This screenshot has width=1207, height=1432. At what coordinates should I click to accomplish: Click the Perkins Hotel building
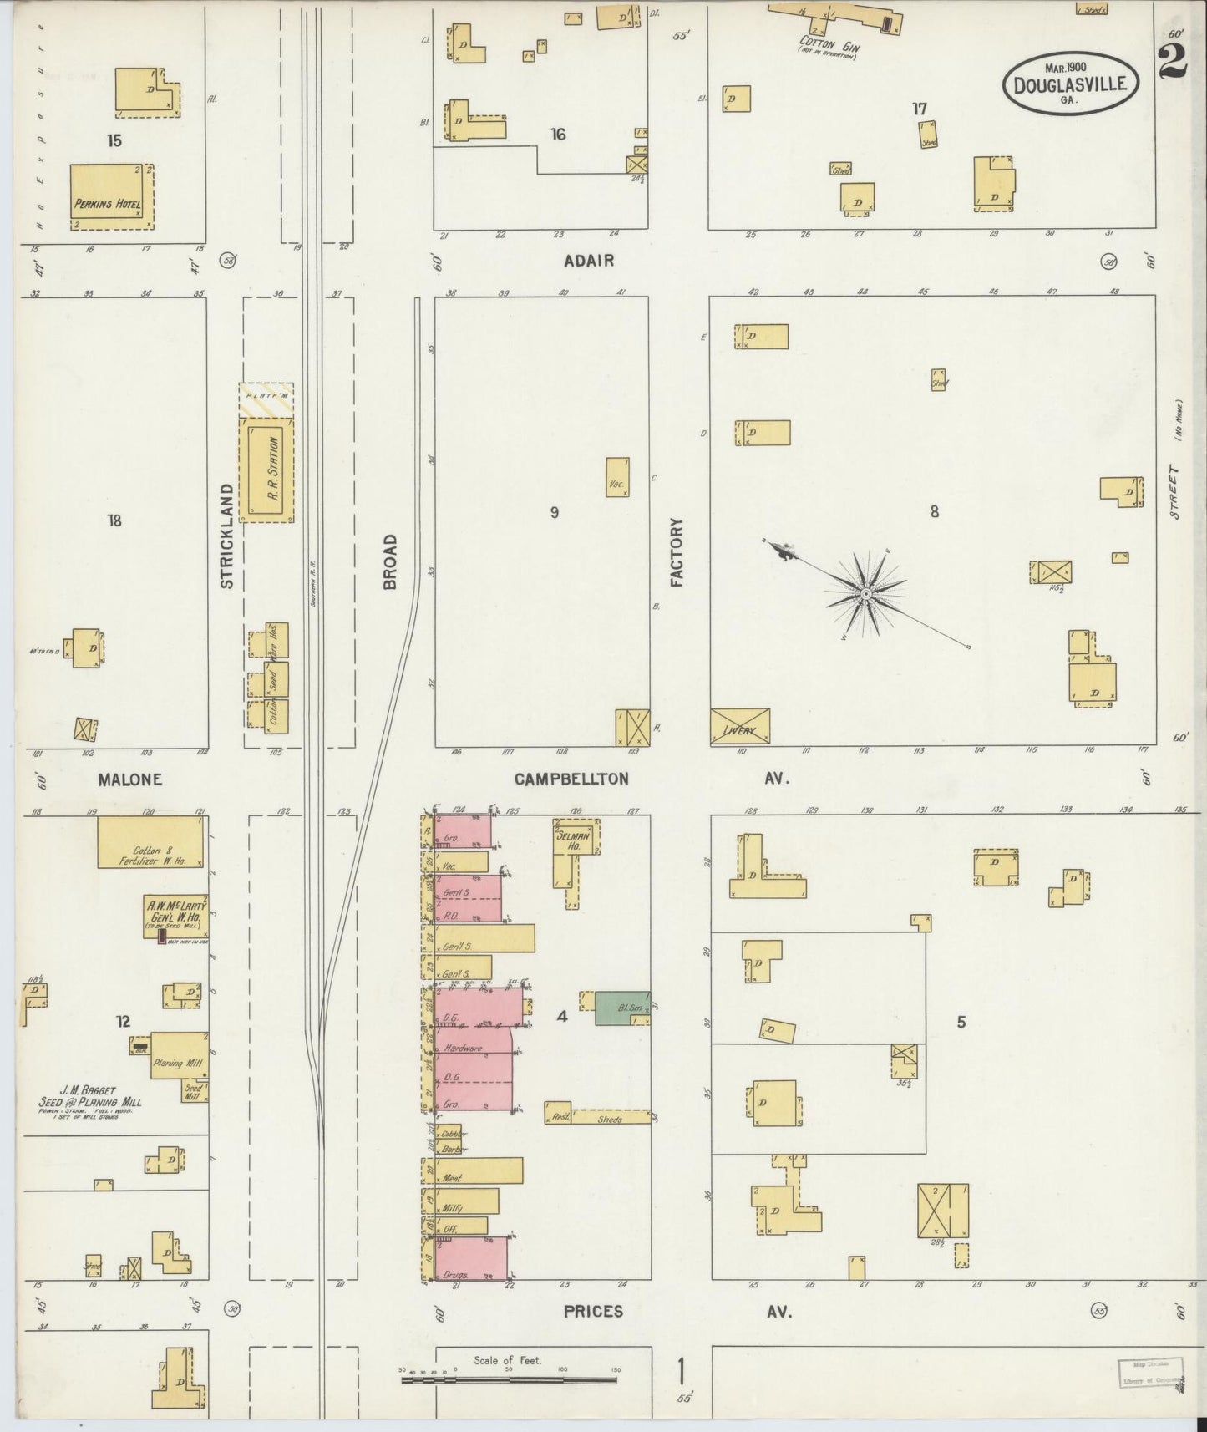[x=111, y=197]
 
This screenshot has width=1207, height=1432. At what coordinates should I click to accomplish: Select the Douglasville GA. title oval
[x=1070, y=84]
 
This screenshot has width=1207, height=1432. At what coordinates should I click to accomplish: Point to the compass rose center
[x=866, y=593]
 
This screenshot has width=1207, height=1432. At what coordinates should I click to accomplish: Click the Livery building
[x=739, y=726]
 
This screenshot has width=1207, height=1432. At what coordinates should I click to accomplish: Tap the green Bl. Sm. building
[x=621, y=1008]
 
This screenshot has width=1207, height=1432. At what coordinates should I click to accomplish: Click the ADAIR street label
[x=588, y=261]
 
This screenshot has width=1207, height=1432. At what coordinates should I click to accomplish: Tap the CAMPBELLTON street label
[x=571, y=779]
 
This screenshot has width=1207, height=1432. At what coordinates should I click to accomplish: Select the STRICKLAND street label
[x=226, y=535]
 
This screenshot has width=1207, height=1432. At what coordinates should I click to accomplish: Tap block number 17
[x=920, y=109]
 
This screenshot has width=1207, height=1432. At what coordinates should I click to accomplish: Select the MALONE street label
[x=129, y=779]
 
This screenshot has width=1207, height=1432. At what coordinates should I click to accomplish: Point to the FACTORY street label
[x=677, y=551]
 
